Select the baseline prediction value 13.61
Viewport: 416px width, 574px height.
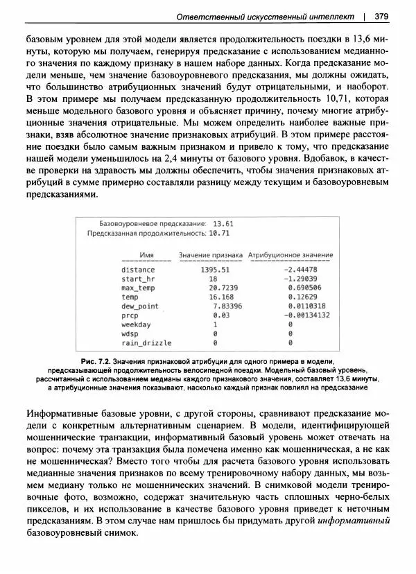click(223, 224)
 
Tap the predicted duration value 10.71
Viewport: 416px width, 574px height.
click(218, 234)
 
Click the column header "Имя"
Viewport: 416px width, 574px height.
click(145, 255)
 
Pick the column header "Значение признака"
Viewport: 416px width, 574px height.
click(211, 255)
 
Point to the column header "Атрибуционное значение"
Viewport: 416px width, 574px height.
click(291, 255)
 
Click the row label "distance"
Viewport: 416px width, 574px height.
click(138, 269)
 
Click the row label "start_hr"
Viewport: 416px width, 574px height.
click(138, 278)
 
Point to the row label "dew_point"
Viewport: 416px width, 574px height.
click(139, 306)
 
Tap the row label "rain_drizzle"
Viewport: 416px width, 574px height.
click(146, 342)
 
